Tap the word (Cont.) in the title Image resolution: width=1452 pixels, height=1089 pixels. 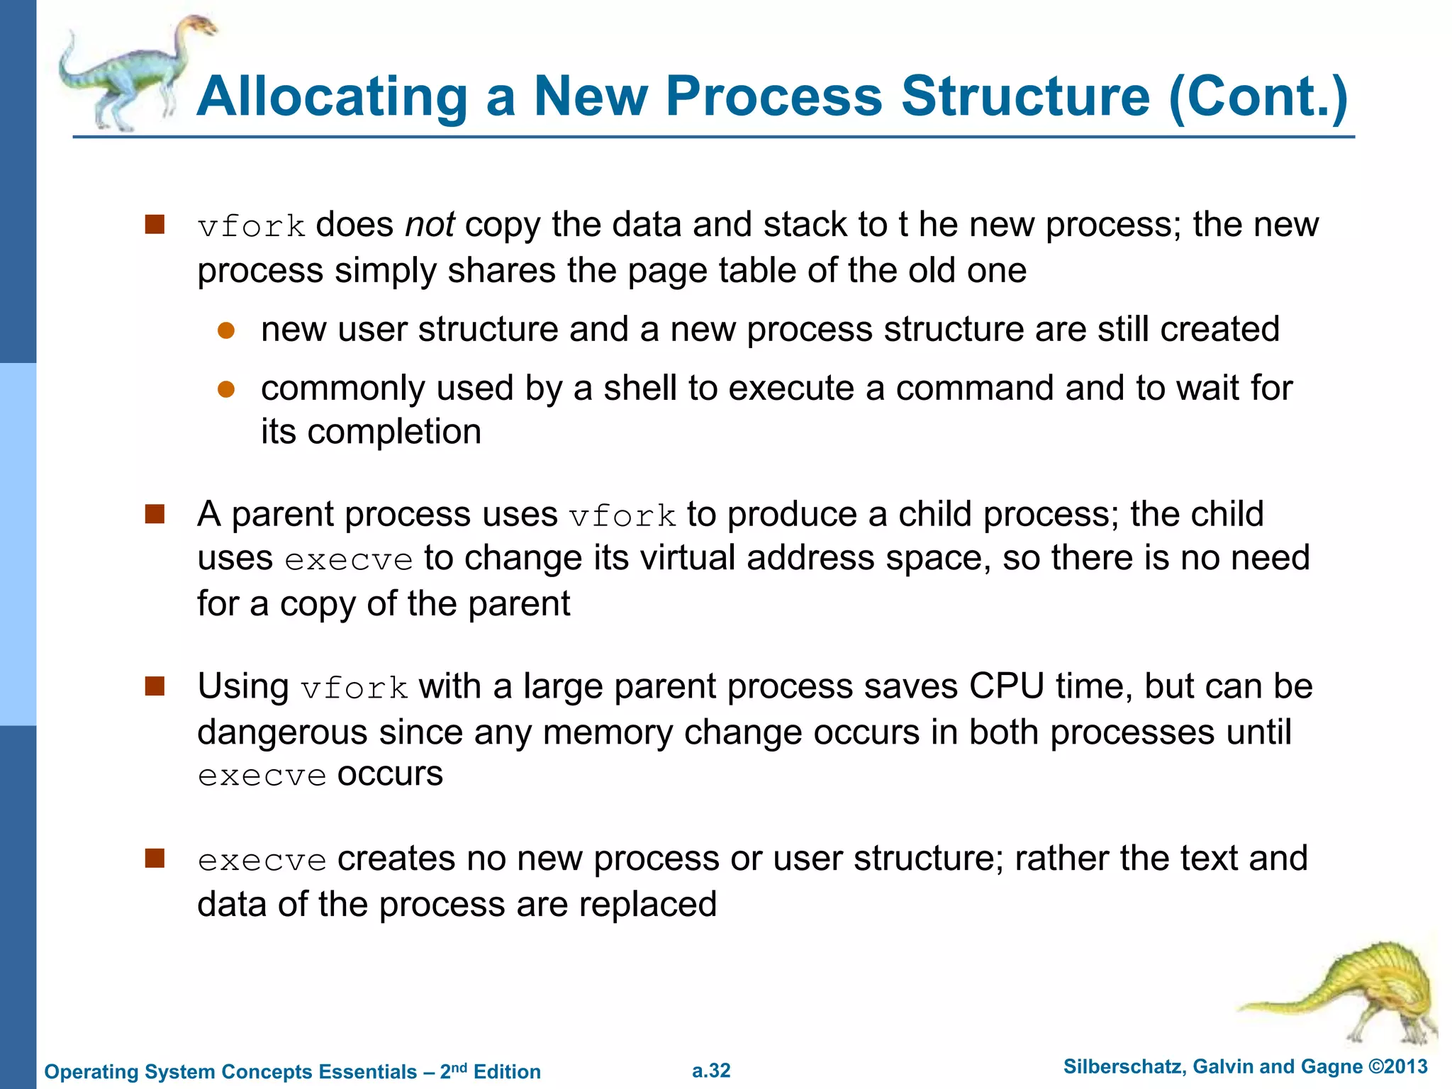point(1258,97)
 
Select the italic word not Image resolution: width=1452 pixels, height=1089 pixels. point(430,225)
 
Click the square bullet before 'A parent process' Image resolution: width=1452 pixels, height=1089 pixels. point(155,513)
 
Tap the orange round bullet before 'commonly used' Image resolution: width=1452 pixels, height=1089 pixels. point(226,389)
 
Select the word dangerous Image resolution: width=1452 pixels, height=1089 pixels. point(282,732)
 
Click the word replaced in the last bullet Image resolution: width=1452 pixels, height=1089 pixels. point(648,905)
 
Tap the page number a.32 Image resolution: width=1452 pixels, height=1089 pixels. point(711,1071)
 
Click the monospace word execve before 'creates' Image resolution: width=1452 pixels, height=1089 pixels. point(262,861)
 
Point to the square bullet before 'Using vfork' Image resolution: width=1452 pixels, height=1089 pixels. point(155,686)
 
